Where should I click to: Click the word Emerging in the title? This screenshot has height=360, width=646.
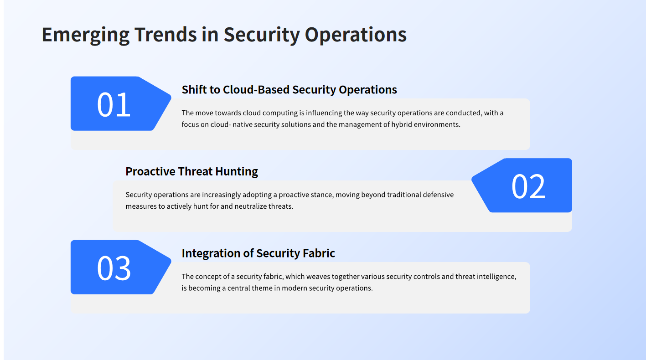(86, 35)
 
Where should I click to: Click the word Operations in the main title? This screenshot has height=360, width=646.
(356, 35)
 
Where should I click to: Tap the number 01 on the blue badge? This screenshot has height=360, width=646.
(114, 104)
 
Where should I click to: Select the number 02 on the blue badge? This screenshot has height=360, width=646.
(528, 186)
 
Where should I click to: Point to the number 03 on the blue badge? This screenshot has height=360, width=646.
(114, 268)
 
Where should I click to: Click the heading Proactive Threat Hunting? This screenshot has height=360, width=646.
(192, 171)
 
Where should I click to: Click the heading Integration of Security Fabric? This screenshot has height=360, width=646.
(258, 253)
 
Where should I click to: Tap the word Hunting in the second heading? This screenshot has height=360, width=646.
(237, 172)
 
